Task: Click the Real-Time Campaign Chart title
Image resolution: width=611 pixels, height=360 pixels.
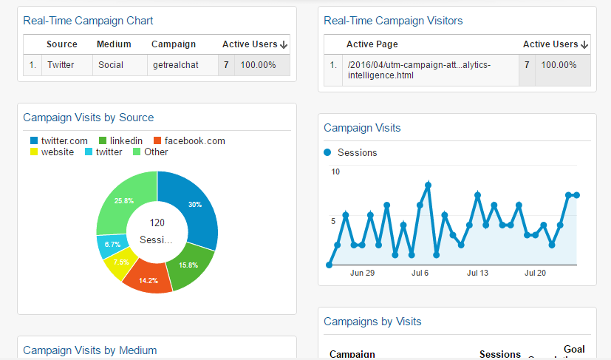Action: (88, 21)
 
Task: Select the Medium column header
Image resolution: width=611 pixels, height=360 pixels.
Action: (114, 44)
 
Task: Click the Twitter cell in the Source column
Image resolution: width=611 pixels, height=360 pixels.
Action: (61, 65)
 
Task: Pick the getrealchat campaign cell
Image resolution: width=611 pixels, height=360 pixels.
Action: (176, 65)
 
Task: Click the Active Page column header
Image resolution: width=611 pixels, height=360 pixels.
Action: (372, 44)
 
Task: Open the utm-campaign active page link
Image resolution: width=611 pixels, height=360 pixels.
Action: (418, 70)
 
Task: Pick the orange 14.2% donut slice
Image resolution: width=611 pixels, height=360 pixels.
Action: (148, 278)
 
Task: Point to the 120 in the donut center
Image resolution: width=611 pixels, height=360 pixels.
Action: (157, 223)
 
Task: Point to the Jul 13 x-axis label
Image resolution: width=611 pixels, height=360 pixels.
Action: (478, 273)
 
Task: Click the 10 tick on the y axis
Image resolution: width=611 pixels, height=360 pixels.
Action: (335, 171)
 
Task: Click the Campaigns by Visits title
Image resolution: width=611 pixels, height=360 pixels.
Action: (372, 322)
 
